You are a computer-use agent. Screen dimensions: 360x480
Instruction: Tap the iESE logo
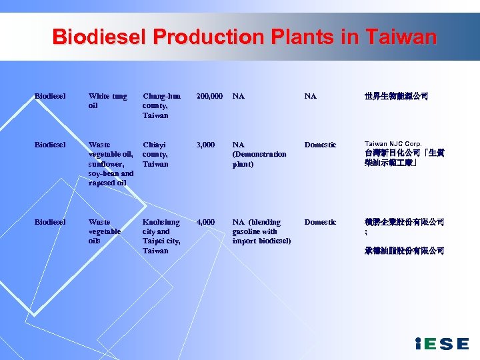pyautogui.click(x=441, y=344)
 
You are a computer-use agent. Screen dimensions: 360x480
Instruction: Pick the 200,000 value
pyautogui.click(x=209, y=96)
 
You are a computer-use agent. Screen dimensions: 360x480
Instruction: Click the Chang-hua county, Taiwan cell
pyautogui.click(x=161, y=105)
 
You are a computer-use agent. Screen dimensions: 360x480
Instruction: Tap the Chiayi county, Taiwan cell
pyautogui.click(x=155, y=154)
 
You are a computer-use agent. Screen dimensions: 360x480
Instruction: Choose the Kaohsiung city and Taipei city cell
pyautogui.click(x=161, y=236)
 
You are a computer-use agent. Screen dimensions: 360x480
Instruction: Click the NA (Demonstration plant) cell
pyautogui.click(x=259, y=154)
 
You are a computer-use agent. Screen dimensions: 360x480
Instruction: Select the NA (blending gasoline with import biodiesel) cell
pyautogui.click(x=261, y=231)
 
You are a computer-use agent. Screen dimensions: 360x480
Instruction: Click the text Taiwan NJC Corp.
pyautogui.click(x=393, y=144)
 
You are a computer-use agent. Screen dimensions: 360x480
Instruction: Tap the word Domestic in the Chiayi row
pyautogui.click(x=320, y=145)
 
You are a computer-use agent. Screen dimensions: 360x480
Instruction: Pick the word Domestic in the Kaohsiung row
pyautogui.click(x=320, y=222)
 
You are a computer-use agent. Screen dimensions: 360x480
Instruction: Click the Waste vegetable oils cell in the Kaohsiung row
pyautogui.click(x=105, y=231)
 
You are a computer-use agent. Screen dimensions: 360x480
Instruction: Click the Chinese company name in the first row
pyautogui.click(x=396, y=97)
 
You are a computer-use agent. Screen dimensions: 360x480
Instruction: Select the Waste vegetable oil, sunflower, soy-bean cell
pyautogui.click(x=111, y=163)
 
